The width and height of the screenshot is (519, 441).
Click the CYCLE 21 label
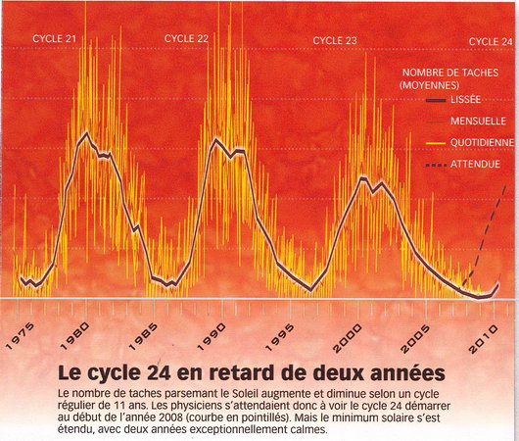coord(55,39)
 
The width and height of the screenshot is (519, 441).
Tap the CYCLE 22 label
coord(186,39)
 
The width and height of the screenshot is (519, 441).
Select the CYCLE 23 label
coord(335,41)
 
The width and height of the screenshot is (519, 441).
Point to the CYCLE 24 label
coord(491,42)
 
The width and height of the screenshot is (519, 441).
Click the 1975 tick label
coord(20,336)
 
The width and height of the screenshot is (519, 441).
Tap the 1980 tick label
coord(75,336)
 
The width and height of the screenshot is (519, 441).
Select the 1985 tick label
coord(143,337)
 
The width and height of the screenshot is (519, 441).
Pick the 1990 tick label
coord(212,337)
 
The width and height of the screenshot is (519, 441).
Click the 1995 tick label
coord(280,338)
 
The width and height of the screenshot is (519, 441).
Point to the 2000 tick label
coord(348,338)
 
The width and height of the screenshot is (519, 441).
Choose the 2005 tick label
coord(415,339)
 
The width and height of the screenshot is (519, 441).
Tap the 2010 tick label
coord(484,339)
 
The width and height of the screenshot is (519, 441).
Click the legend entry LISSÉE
coord(465,100)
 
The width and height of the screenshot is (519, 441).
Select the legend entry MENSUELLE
coord(478,121)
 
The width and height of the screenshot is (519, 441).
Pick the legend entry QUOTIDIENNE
coord(482,142)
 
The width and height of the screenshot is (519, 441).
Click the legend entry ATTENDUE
coord(475,164)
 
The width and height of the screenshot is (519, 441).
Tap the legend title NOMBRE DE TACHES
coord(450,73)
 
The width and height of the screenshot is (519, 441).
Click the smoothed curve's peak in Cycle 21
coord(87,133)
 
